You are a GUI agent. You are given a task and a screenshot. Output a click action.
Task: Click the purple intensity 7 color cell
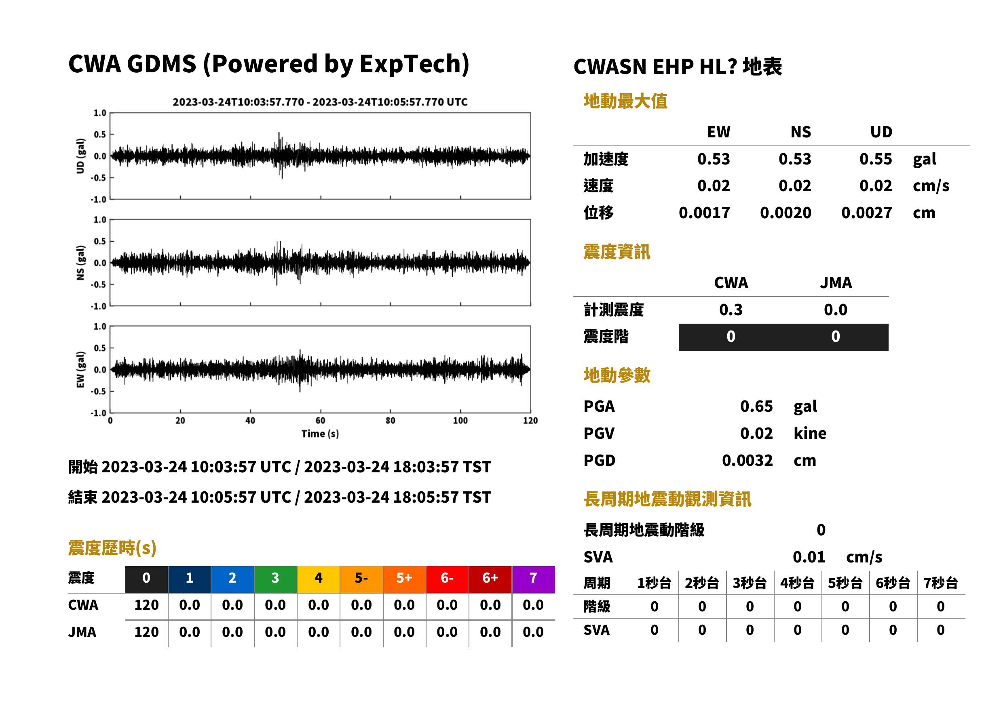533,579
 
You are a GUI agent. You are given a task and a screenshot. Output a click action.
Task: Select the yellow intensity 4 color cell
319,579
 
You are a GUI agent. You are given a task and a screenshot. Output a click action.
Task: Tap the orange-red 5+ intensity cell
404,579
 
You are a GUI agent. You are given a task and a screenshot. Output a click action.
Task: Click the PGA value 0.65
756,406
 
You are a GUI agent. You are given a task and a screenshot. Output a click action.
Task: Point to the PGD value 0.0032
747,460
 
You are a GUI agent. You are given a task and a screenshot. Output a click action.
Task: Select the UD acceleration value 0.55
876,159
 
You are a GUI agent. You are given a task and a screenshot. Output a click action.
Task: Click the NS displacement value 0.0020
786,213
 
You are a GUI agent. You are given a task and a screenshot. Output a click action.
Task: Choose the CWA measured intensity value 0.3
731,310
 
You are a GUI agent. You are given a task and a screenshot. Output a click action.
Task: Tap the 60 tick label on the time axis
320,421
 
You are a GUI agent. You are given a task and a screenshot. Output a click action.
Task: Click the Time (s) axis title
320,434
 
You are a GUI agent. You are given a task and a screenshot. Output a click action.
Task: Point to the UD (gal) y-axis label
80,156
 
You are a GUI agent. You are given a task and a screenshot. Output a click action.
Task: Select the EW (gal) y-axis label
80,369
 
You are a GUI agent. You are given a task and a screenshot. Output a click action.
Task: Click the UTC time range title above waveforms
320,102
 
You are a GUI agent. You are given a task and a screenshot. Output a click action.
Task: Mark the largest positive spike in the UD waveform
279,133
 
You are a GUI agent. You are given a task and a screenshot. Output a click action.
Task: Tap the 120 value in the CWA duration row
146,605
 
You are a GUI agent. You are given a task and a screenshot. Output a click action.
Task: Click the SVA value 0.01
809,557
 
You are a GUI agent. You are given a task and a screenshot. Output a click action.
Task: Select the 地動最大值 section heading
625,101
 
